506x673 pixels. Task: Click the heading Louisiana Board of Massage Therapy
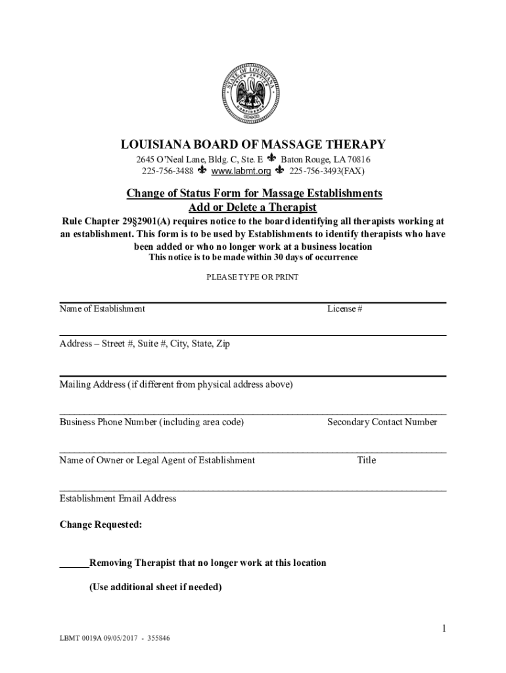[253, 145]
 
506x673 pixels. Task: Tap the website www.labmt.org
[242, 172]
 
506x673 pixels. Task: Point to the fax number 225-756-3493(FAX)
[327, 172]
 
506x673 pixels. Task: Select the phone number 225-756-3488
[168, 172]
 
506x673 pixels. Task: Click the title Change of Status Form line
[254, 193]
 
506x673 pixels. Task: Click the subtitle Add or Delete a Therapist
[253, 208]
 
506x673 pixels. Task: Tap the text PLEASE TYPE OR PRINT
[252, 277]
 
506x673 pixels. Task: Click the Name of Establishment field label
[103, 309]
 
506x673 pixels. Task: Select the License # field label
[344, 309]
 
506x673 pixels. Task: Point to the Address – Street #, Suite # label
[145, 344]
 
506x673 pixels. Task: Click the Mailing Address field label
[176, 384]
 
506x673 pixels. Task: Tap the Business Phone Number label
[151, 422]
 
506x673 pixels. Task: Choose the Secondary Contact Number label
[382, 422]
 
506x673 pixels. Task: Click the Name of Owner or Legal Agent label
[157, 460]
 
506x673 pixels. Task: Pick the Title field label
[366, 460]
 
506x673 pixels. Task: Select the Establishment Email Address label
[118, 498]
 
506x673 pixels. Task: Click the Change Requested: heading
[101, 524]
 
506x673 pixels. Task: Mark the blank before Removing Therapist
[74, 563]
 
